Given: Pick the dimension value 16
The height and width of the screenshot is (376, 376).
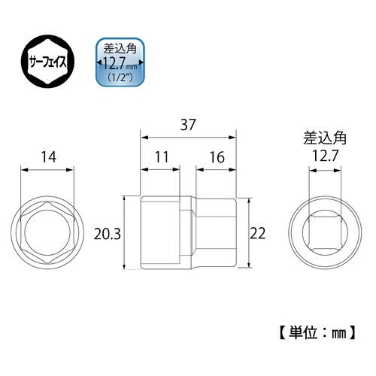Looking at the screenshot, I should click(x=216, y=159).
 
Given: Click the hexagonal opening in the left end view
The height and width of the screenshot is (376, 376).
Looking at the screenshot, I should click(x=50, y=233).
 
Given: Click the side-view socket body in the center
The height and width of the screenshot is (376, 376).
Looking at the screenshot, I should click(x=188, y=233).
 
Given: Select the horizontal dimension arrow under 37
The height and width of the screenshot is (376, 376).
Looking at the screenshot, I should click(x=189, y=138).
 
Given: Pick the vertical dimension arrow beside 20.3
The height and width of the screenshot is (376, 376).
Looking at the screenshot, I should click(x=126, y=233).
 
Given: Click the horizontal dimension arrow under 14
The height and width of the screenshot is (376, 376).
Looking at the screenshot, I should click(x=50, y=171).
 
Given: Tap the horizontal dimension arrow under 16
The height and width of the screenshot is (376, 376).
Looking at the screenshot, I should click(x=216, y=171).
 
